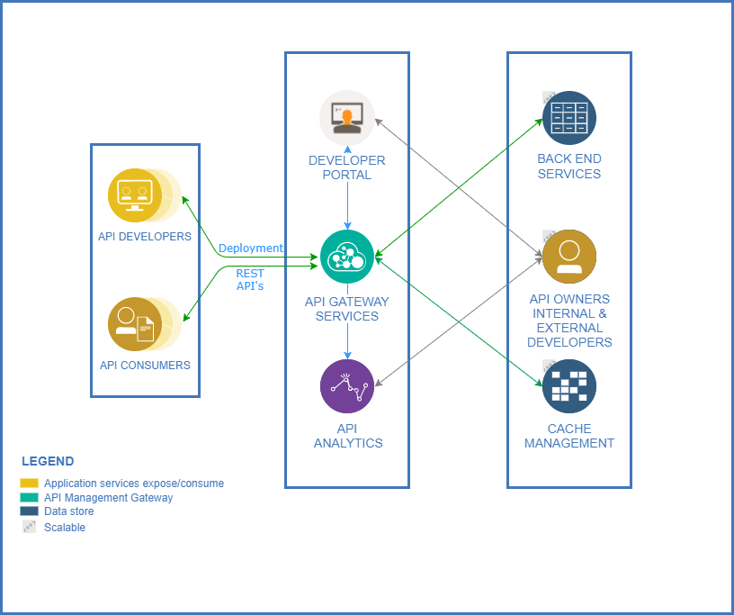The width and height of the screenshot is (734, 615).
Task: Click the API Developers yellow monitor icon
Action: coord(135,194)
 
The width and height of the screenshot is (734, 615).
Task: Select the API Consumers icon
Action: coord(135,324)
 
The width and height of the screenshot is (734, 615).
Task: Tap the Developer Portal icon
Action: coord(347,117)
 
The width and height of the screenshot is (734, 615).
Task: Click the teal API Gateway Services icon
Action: coord(347,257)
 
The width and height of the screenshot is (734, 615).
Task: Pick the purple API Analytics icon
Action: coord(347,386)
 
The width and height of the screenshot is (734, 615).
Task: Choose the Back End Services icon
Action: coord(569,118)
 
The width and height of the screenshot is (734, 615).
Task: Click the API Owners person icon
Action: coord(569,257)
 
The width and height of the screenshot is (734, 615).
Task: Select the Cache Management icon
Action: coord(569,386)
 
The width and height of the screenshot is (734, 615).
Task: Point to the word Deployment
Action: coord(250,249)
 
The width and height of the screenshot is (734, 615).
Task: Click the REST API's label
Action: coord(250,280)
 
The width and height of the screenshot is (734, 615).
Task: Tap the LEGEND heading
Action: coord(48,461)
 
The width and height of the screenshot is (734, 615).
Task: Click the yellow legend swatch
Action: coord(30,484)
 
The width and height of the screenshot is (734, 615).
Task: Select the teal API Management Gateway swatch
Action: coord(30,497)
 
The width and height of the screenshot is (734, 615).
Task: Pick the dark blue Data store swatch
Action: coord(30,511)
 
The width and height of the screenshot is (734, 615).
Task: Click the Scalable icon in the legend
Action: coord(30,527)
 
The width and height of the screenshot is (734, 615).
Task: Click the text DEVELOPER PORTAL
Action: coord(347,167)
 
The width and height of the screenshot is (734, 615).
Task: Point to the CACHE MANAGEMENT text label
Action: coord(569,436)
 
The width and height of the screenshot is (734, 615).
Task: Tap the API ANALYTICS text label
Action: coord(348,436)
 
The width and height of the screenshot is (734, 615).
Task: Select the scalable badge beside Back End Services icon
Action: coord(548,97)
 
